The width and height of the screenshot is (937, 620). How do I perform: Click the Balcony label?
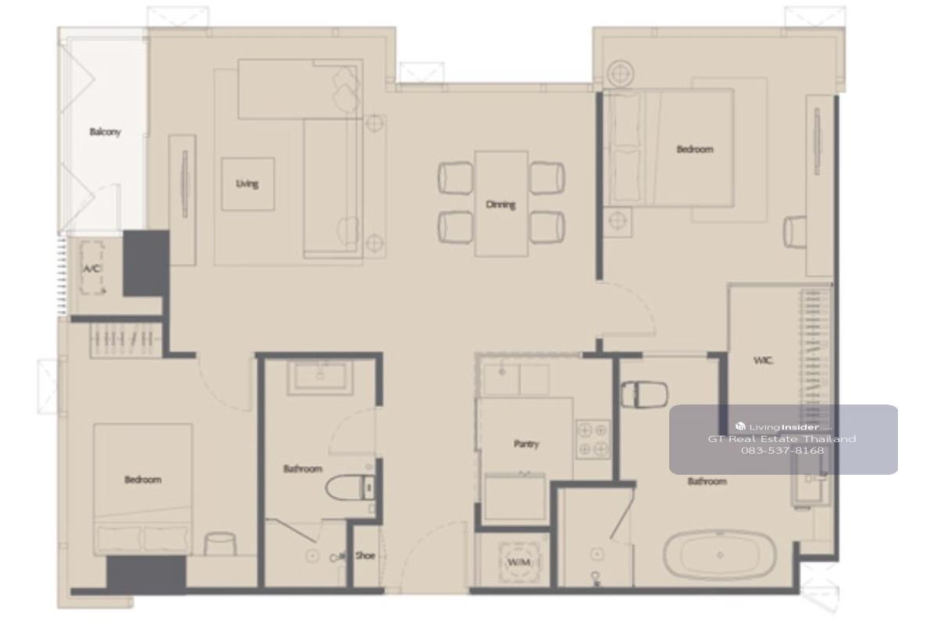(x=105, y=132)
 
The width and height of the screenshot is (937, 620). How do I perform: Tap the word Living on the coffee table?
(x=247, y=184)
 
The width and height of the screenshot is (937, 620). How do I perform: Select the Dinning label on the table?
(x=501, y=205)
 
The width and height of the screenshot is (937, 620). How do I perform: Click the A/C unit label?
(x=91, y=269)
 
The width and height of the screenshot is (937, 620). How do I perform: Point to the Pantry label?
(x=526, y=444)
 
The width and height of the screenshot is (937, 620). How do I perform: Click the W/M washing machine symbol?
(x=519, y=562)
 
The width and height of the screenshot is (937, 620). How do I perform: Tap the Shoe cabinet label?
(x=365, y=555)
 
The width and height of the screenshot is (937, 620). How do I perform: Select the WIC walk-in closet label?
(x=763, y=360)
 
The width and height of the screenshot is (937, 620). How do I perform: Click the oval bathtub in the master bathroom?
(x=719, y=555)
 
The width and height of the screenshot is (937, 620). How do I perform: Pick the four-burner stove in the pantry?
(x=593, y=440)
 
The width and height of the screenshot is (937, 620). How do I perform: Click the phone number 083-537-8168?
(x=782, y=451)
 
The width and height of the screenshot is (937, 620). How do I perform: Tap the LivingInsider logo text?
(x=783, y=426)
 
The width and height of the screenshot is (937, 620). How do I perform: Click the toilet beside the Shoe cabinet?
(x=350, y=487)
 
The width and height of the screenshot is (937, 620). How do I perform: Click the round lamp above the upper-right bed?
(x=621, y=74)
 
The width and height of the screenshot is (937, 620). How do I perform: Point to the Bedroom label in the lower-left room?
(x=143, y=479)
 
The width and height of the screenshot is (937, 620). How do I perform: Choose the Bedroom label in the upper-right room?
(x=695, y=149)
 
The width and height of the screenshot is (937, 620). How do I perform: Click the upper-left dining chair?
(x=455, y=178)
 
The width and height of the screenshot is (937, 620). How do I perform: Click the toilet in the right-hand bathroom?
(x=644, y=394)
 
